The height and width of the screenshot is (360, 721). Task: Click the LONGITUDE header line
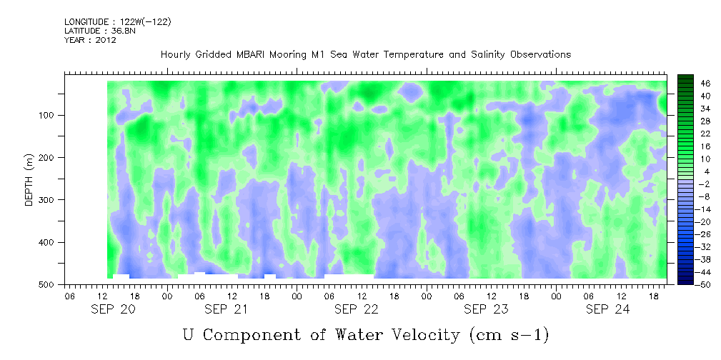pos(117,22)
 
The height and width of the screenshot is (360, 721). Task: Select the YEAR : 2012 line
pos(90,40)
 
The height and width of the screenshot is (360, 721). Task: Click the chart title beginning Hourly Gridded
pos(365,55)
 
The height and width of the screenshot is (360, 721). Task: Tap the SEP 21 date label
pos(225,309)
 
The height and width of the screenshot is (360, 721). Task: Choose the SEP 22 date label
pos(356,309)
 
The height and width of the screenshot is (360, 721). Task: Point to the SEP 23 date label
pos(485,309)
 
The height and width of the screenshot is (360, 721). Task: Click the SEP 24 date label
pos(607,309)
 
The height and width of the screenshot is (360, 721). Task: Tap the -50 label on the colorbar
pos(704,285)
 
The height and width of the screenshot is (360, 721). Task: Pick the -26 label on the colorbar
pos(704,234)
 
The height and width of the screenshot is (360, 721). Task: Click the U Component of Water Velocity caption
pos(365,334)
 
